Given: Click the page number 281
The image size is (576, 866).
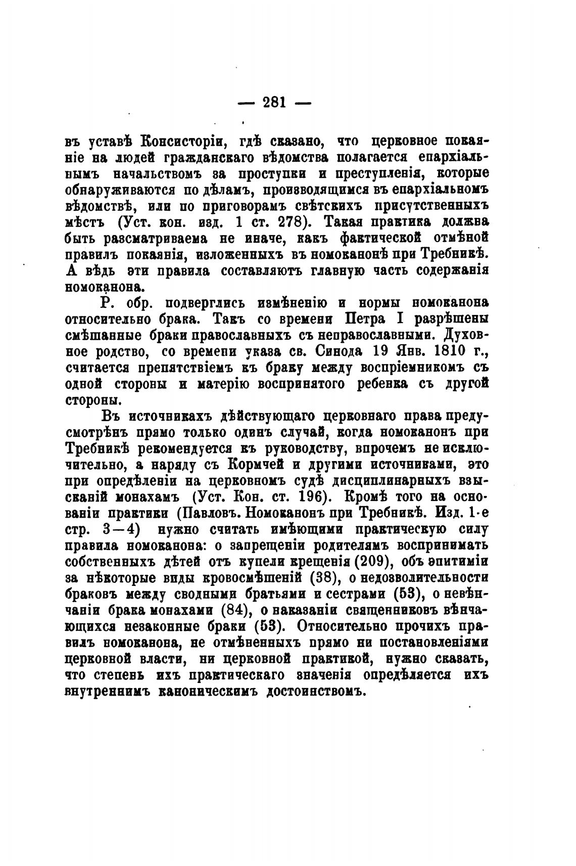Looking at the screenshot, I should coord(274,103).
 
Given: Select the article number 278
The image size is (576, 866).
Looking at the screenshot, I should coord(294,222).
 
